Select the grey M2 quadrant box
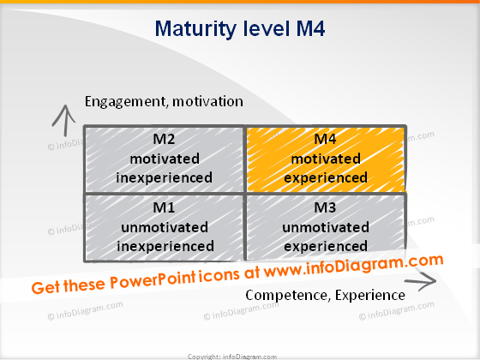[165, 159]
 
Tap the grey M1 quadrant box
[165, 226]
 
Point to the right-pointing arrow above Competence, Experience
[423, 278]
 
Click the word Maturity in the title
[193, 30]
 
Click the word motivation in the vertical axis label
[207, 102]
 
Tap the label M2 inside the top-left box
[165, 139]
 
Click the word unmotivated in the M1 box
[165, 227]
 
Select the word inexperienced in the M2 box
[165, 178]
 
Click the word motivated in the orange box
[325, 159]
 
